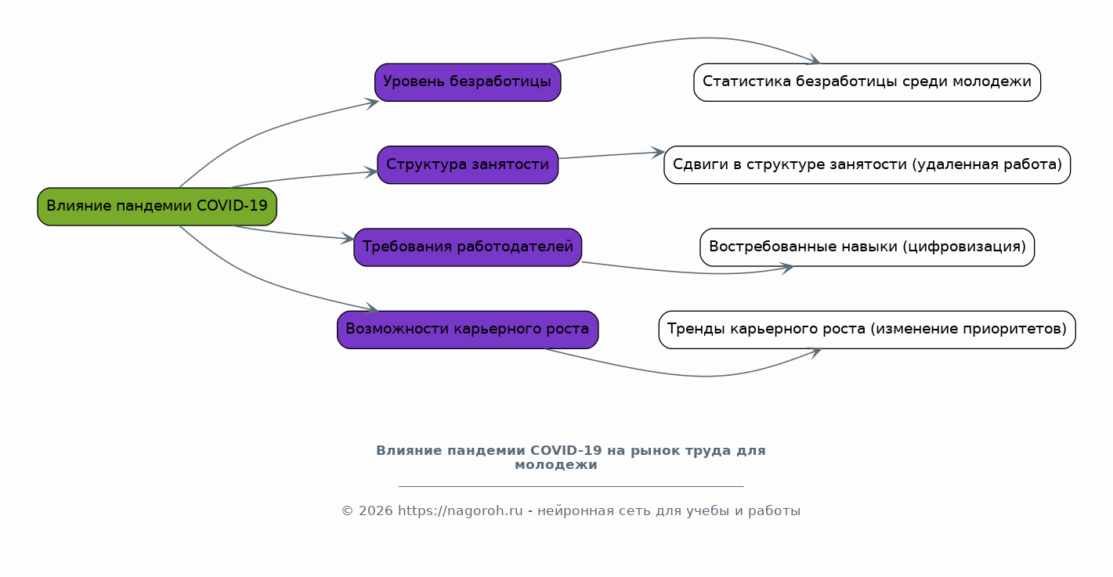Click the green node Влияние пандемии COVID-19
tap(157, 207)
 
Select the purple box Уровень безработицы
tap(468, 82)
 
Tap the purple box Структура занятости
tap(468, 164)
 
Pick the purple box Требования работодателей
tap(468, 247)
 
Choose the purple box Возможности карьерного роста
tap(468, 330)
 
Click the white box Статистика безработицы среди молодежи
tap(867, 82)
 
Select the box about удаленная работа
tap(867, 164)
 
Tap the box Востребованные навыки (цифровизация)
tap(867, 247)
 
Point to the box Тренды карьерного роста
tap(867, 330)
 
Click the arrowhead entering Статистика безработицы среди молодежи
tap(815, 61)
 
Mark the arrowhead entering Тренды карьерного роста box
tap(815, 351)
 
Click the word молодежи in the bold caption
tap(556, 465)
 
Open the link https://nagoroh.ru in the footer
tap(460, 511)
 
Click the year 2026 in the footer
tap(374, 511)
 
